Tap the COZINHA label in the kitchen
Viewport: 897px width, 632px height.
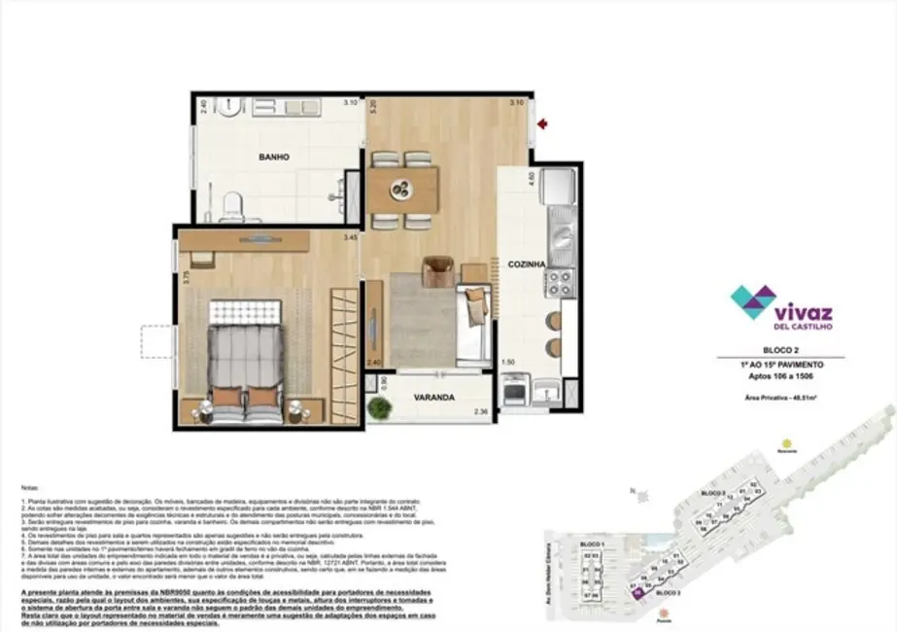pyautogui.click(x=524, y=263)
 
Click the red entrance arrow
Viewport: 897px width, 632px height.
pyautogui.click(x=543, y=124)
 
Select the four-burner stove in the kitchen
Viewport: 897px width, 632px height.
pyautogui.click(x=559, y=283)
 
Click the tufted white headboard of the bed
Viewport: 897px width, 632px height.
pyautogui.click(x=244, y=311)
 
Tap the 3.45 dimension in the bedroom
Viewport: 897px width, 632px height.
pyautogui.click(x=350, y=237)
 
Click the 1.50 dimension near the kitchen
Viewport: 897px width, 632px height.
pyautogui.click(x=507, y=362)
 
